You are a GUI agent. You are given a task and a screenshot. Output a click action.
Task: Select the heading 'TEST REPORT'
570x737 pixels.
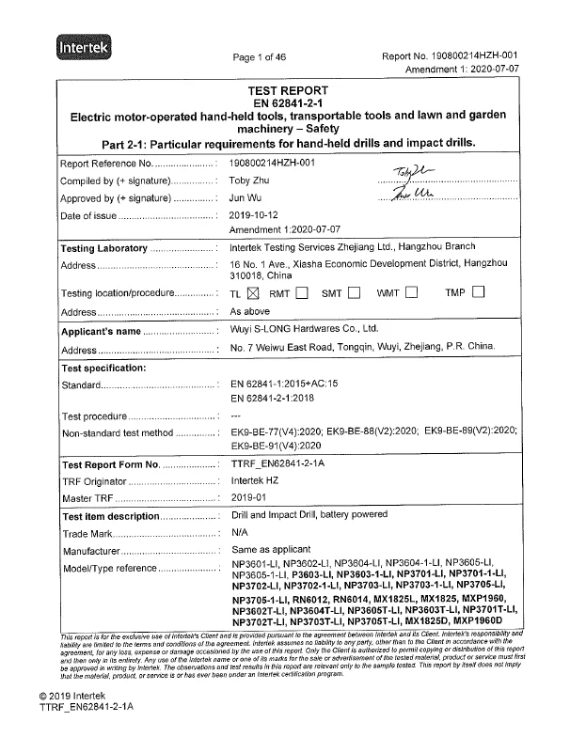(x=285, y=89)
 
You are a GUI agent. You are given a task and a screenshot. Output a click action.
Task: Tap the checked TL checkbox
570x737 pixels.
(x=252, y=292)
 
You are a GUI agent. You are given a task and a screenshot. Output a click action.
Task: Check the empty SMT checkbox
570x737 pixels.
(x=354, y=292)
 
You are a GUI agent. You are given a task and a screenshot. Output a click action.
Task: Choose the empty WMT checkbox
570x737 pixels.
(x=412, y=292)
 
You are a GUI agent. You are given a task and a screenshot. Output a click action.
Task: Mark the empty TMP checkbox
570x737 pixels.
(x=478, y=292)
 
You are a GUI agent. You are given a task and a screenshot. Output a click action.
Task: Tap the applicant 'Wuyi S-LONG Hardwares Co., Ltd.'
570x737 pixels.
(x=304, y=331)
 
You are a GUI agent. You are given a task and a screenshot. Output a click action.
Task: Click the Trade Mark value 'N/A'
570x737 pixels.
(x=240, y=533)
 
